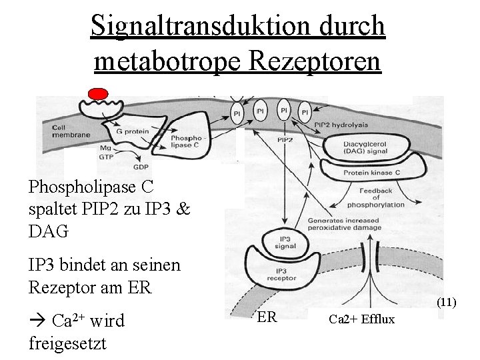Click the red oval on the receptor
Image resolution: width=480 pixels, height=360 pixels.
(x=98, y=94)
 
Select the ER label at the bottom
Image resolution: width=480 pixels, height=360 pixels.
(x=267, y=317)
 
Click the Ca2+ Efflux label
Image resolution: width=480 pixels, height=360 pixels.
(x=361, y=320)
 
